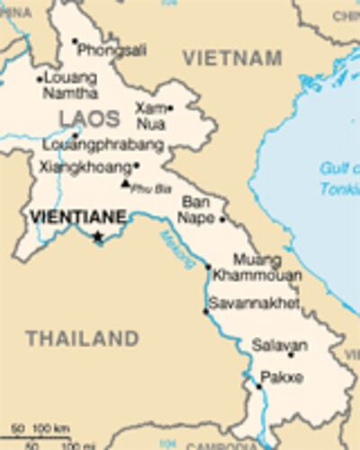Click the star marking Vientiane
coord(98,238)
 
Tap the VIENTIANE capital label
coord(76,217)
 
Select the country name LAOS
coord(89,118)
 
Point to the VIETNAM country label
coord(232,58)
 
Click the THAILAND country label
coord(82,339)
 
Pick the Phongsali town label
coord(112,51)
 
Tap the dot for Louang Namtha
coord(39,79)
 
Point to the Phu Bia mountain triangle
coord(125,184)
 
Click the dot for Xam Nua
coord(170,108)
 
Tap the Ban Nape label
coord(197,210)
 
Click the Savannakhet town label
coord(255,303)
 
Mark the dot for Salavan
coord(290,355)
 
